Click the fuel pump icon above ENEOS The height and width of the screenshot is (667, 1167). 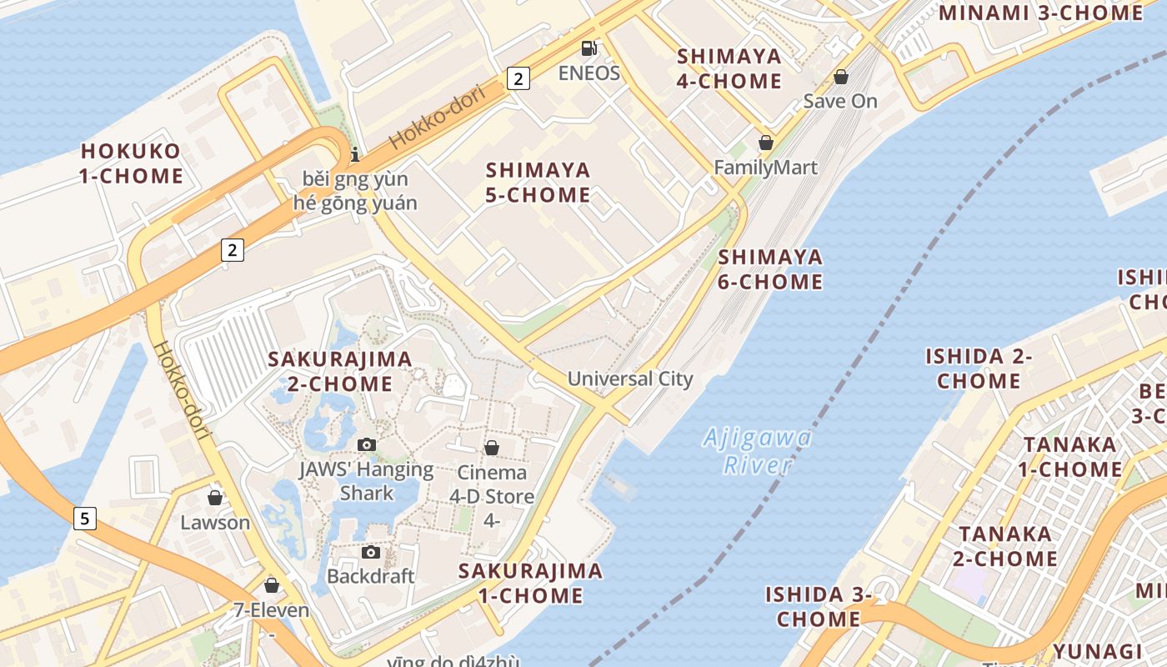(x=589, y=48)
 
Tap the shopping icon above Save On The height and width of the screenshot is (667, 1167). (x=841, y=77)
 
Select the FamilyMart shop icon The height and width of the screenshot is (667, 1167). (x=765, y=143)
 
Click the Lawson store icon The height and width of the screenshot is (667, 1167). (x=215, y=498)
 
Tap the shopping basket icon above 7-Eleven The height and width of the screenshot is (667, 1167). (x=271, y=585)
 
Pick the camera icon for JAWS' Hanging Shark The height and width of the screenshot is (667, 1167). (x=366, y=444)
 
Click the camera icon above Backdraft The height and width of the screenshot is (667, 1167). (x=370, y=552)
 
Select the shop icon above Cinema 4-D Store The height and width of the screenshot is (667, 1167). (x=492, y=448)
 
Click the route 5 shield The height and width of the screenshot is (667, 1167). (x=84, y=518)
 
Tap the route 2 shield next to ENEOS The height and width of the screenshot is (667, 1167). (x=518, y=78)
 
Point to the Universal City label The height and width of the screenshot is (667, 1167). (x=630, y=379)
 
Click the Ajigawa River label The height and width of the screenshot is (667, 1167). (x=757, y=450)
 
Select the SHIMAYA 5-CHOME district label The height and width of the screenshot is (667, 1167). (x=538, y=183)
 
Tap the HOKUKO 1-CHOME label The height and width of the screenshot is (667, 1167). (x=132, y=163)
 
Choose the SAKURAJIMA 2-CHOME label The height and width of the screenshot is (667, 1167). (x=340, y=371)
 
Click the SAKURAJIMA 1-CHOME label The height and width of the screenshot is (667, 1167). (x=531, y=583)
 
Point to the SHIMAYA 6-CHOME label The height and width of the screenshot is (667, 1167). (x=770, y=269)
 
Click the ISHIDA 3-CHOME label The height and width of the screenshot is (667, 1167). (x=819, y=606)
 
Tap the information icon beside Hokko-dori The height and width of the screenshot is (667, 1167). (x=355, y=154)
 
